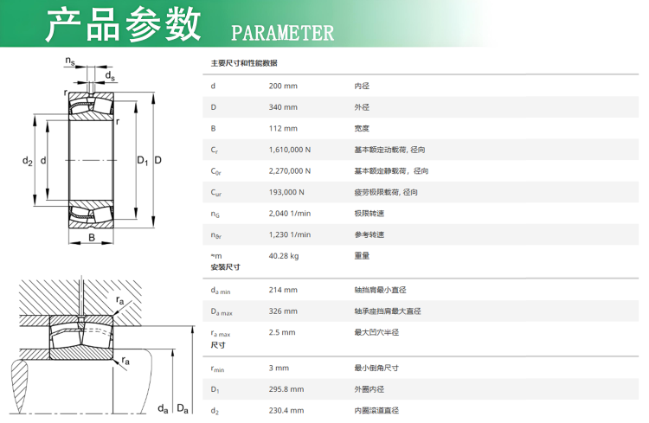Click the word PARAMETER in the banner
(282, 33)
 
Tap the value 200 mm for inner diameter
(283, 87)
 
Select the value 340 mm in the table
(283, 107)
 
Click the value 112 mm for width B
(283, 128)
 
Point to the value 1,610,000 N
(290, 150)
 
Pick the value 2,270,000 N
(290, 171)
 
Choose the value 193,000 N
(286, 192)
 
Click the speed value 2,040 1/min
(290, 214)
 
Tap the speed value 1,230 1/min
(290, 234)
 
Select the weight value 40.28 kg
(284, 256)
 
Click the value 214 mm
(283, 290)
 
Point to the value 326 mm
(283, 311)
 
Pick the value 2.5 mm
(282, 332)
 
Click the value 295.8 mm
(286, 389)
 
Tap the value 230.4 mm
(286, 411)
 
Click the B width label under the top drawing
(92, 238)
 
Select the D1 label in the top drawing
(143, 160)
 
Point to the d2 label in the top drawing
(28, 161)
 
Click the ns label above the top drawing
(70, 61)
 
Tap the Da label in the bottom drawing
(183, 408)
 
